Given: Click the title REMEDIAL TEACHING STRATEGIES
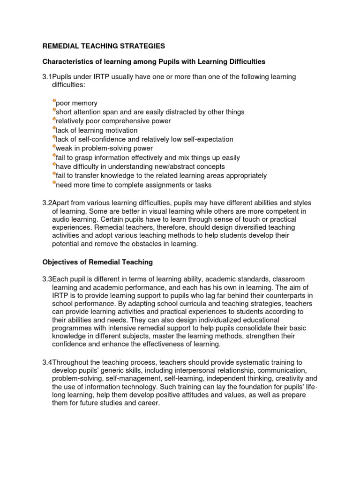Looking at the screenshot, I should [x=104, y=46].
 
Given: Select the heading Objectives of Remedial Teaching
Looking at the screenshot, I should [x=97, y=262].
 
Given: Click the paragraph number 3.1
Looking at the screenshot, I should [x=47, y=77].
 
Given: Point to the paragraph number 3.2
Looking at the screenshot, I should [x=47, y=202].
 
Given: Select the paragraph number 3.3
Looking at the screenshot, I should [x=47, y=279].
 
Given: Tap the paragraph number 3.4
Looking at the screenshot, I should [x=47, y=362].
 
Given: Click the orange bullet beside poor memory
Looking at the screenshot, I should [x=54, y=101].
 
